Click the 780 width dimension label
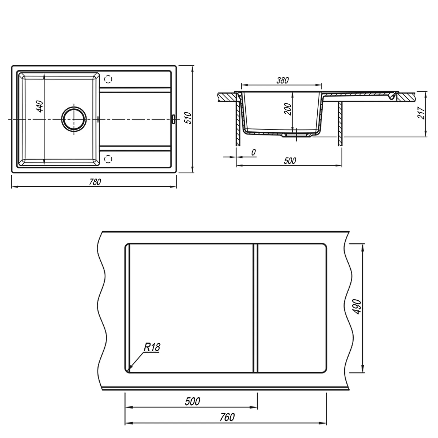pyautogui.click(x=95, y=182)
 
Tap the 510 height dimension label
pyautogui.click(x=188, y=118)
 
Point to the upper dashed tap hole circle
pyautogui.click(x=108, y=79)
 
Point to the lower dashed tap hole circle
pyautogui.click(x=108, y=159)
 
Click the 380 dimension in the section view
pyautogui.click(x=282, y=80)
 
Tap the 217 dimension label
pyautogui.click(x=421, y=112)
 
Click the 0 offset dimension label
pyautogui.click(x=253, y=152)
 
